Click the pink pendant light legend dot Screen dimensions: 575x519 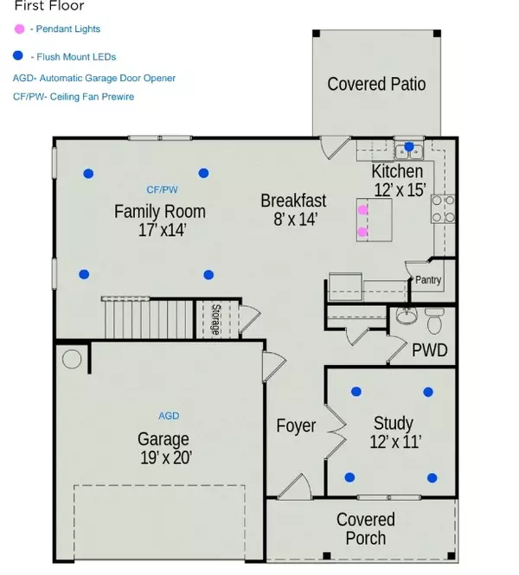(19, 29)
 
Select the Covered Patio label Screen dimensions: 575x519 (376, 84)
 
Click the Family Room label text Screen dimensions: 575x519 (160, 211)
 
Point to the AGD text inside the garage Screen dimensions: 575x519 (169, 416)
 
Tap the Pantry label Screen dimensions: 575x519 (428, 280)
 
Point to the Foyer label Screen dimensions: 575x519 (296, 425)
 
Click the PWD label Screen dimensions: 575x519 (429, 351)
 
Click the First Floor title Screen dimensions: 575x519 (49, 6)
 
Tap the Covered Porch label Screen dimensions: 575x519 (366, 528)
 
